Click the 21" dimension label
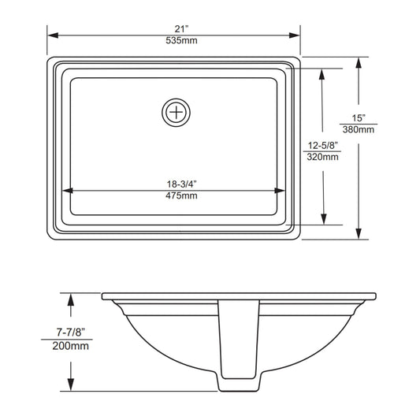(181, 28)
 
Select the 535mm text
(181, 40)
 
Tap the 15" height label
(359, 118)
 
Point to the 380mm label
(359, 130)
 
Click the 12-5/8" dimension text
(322, 146)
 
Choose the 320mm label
(322, 157)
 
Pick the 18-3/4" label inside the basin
(181, 184)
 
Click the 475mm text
(181, 195)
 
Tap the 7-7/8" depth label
(70, 333)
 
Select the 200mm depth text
(70, 346)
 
